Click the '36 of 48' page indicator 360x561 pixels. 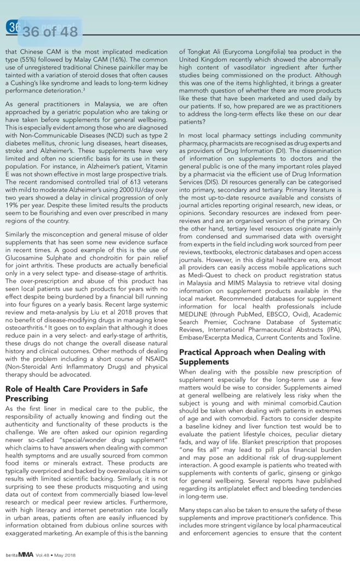(50, 32)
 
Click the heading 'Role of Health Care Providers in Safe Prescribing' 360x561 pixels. (76, 393)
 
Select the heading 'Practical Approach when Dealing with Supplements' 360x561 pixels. (252, 357)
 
